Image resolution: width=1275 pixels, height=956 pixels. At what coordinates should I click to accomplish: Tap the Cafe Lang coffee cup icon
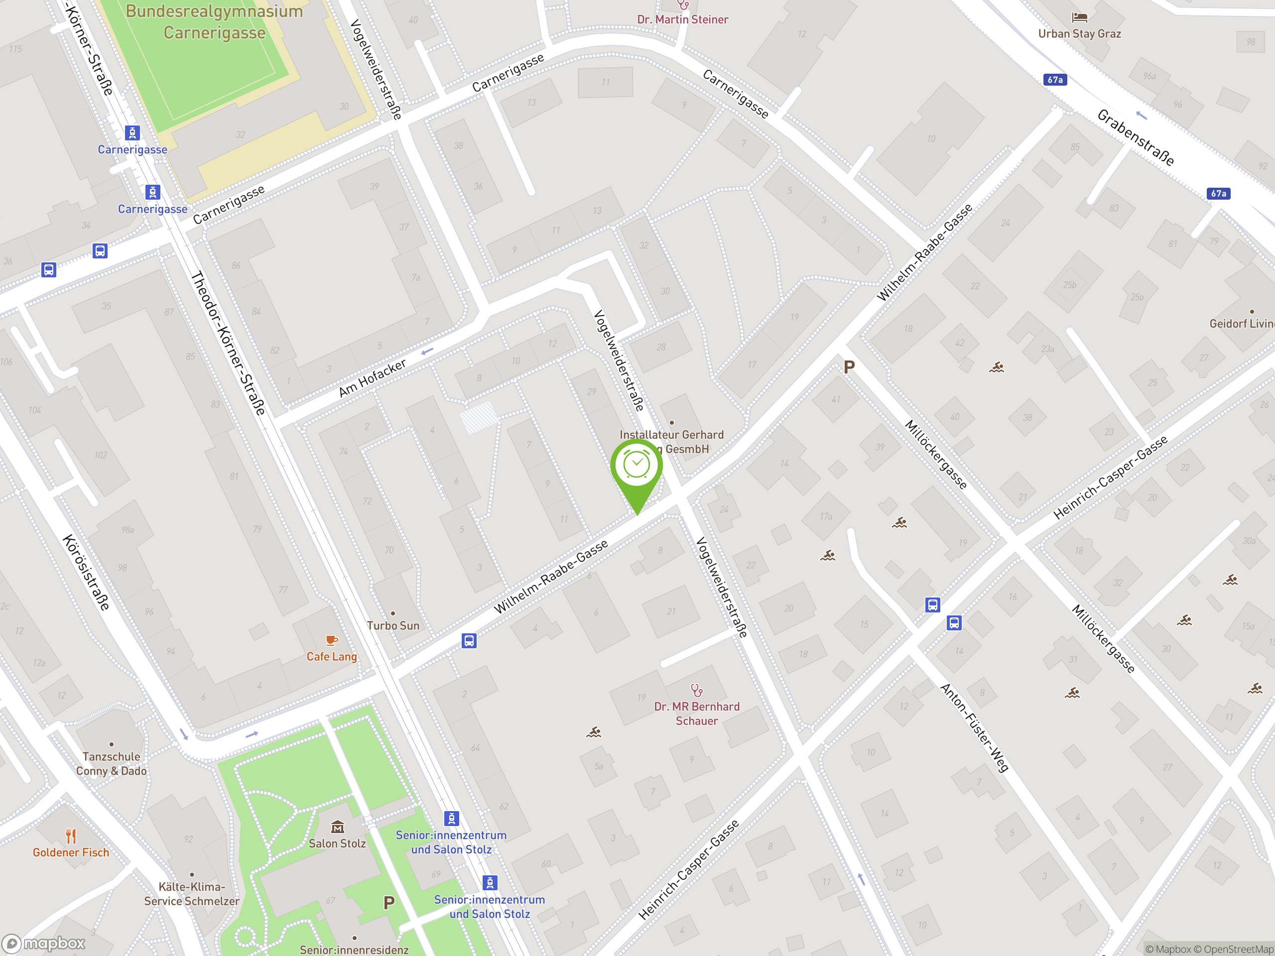point(331,640)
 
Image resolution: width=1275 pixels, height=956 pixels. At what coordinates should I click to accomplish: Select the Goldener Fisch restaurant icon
point(71,836)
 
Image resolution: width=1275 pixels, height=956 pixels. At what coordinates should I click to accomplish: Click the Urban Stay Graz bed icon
point(1079,18)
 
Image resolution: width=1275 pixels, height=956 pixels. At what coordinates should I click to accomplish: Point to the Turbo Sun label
point(393,625)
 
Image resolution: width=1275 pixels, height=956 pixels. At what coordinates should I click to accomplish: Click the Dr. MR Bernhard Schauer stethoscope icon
point(697,690)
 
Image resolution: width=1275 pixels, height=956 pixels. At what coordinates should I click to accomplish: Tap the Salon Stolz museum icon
point(337,828)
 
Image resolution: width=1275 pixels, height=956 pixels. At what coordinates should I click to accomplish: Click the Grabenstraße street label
point(1135,137)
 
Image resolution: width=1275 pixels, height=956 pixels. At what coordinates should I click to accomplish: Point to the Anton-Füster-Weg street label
point(974,728)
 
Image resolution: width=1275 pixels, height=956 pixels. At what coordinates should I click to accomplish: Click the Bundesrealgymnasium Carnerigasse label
point(215,22)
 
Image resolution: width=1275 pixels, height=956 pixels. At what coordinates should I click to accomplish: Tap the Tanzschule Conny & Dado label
point(111,763)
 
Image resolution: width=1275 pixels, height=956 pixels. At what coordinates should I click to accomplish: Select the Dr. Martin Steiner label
point(682,19)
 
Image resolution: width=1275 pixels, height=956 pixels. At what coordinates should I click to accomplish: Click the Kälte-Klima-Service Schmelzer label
point(191,894)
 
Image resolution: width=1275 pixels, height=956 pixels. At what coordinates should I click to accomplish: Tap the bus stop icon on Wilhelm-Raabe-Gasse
point(469,641)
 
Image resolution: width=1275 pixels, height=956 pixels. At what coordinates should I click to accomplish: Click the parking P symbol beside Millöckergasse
point(849,366)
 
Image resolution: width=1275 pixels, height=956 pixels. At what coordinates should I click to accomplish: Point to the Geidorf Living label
point(1242,324)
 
